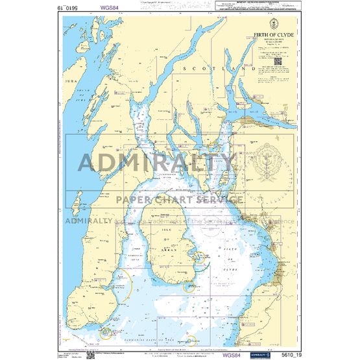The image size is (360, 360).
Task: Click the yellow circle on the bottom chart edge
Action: [192, 340]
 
